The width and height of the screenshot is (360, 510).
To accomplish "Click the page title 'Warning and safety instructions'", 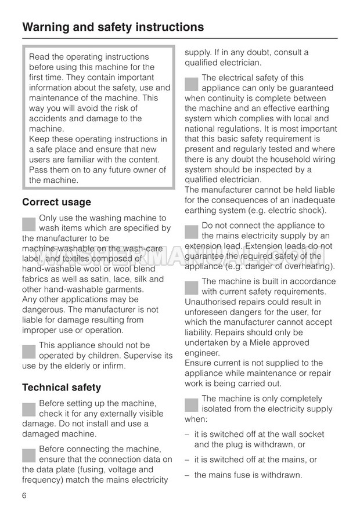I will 113,27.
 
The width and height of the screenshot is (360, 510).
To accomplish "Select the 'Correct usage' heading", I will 56,202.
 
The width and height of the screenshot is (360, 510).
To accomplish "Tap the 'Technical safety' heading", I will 62,387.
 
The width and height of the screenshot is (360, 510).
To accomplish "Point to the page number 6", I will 24,495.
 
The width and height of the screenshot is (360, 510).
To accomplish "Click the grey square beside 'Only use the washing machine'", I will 29,224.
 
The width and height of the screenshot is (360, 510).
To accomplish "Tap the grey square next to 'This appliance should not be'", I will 29,351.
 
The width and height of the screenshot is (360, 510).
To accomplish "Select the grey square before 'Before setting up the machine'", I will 29,409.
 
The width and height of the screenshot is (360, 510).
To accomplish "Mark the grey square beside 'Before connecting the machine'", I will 29,455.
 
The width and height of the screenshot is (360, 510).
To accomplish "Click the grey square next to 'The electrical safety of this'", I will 192,83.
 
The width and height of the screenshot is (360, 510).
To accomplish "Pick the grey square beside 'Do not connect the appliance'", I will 192,231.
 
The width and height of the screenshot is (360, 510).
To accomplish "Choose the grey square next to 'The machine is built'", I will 192,287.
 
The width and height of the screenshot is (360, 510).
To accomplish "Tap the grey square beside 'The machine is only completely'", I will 192,404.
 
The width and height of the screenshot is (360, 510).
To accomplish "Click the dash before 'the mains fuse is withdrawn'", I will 187,475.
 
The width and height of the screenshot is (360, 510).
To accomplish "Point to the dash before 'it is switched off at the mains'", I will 187,460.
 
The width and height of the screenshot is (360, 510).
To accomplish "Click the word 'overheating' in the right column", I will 309,266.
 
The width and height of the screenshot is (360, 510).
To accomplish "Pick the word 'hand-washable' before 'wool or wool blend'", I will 49,269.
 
